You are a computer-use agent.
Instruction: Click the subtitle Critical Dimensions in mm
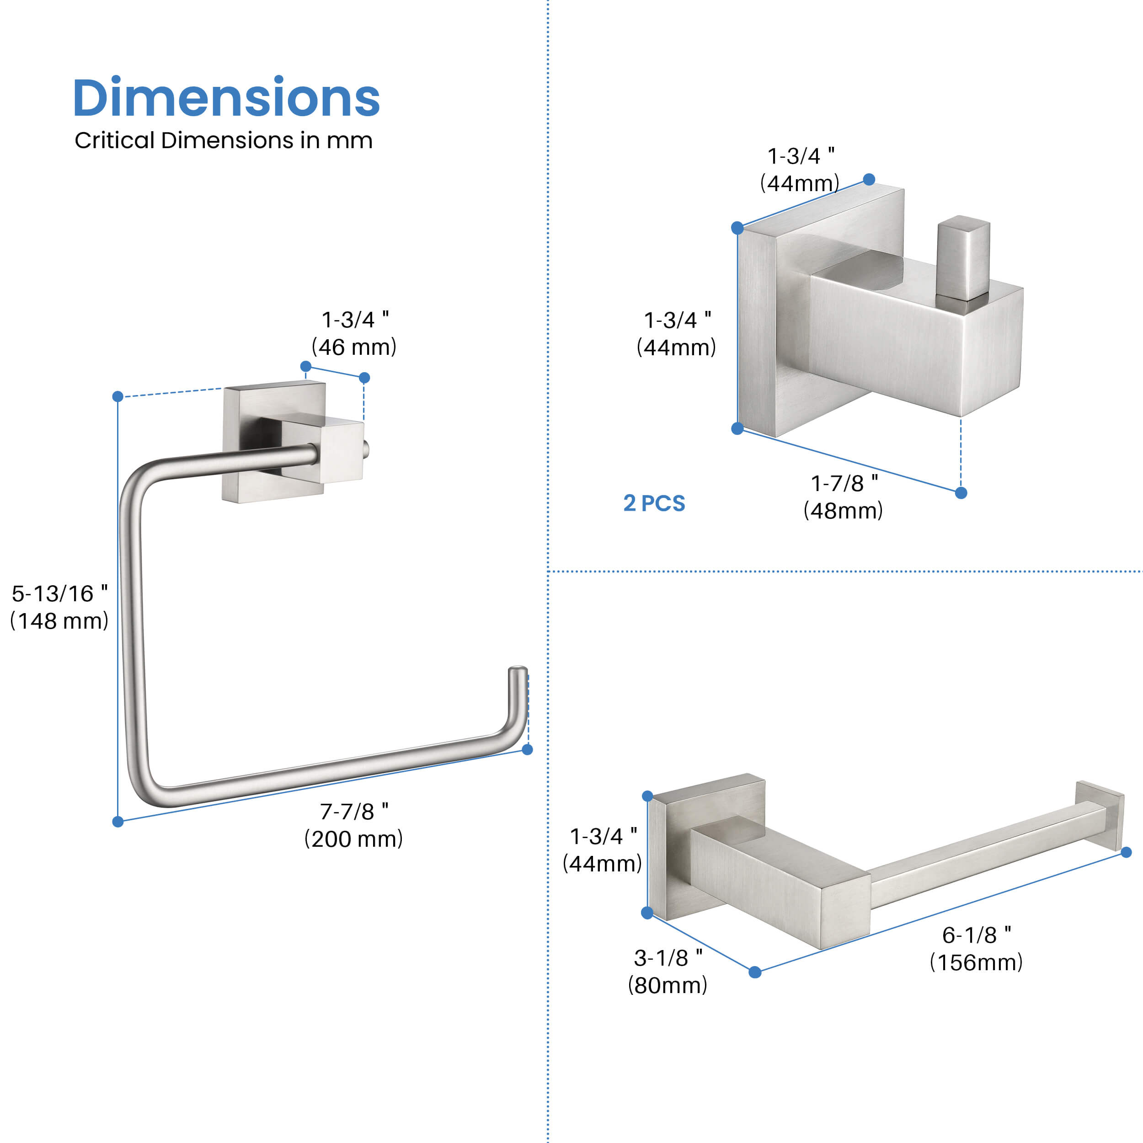223,141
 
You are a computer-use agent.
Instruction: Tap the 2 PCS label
654,503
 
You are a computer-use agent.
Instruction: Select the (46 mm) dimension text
354,347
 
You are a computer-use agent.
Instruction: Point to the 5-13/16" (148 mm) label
59,607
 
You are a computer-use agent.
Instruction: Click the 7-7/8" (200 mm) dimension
353,825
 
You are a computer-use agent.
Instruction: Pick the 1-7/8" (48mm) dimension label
843,497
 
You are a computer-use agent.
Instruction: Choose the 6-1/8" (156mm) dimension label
976,948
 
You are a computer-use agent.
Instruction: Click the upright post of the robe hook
962,258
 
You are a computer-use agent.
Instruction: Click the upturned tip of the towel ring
518,686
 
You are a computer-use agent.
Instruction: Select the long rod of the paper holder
976,858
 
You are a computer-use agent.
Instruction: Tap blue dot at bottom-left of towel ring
118,821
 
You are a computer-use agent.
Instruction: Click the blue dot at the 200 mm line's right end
528,749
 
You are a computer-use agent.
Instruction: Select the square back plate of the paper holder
674,852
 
